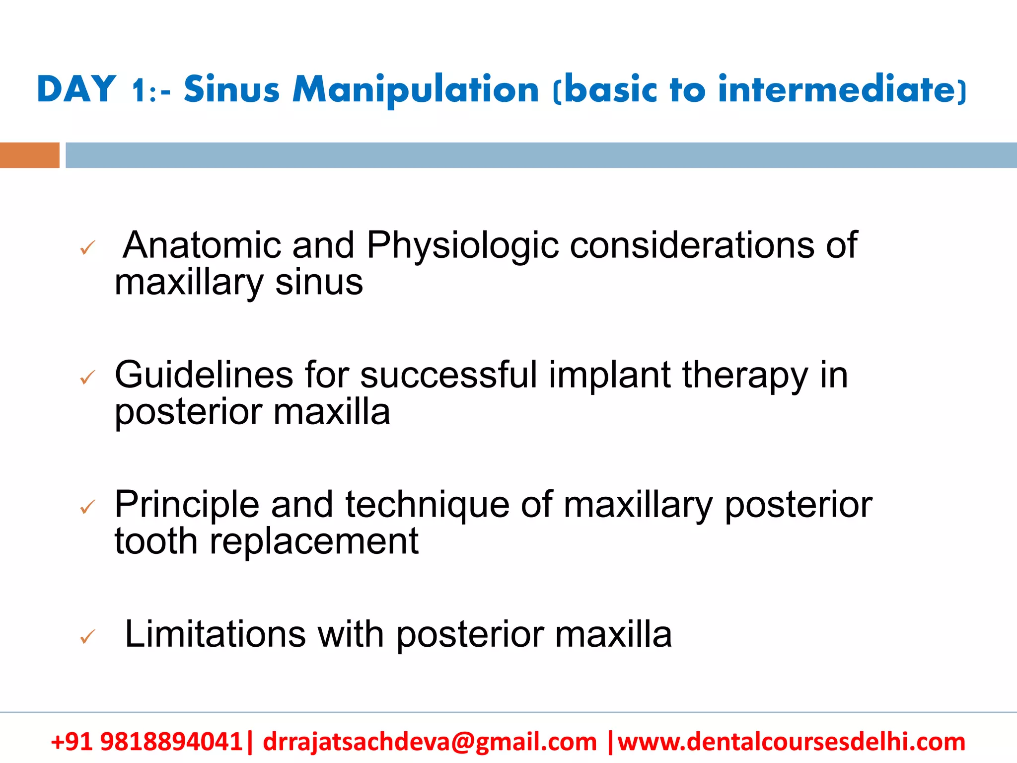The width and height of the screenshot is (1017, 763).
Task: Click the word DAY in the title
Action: [x=76, y=89]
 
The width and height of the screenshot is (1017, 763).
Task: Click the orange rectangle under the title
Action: [x=29, y=155]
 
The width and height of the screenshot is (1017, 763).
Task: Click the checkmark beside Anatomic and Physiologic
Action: [x=87, y=247]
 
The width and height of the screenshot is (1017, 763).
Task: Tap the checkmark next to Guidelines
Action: [x=87, y=378]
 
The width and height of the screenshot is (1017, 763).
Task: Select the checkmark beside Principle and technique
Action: [x=87, y=507]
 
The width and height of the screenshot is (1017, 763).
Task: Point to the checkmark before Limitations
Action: [x=87, y=636]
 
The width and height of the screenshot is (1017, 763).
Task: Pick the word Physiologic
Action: [x=462, y=246]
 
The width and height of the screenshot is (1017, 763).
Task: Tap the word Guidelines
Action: [x=204, y=375]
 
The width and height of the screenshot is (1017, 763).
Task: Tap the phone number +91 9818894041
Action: [x=146, y=742]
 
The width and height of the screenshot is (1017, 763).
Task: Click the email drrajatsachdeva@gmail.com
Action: [x=429, y=742]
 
